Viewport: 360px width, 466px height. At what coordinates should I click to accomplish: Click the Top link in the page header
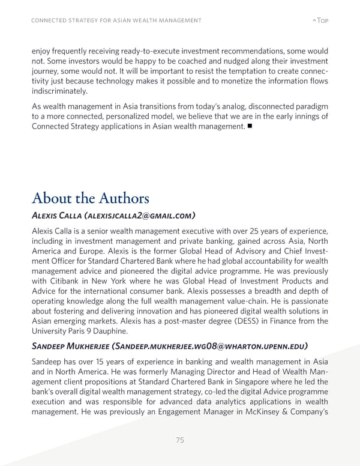(x=321, y=21)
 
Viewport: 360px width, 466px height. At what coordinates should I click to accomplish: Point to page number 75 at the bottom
(x=180, y=440)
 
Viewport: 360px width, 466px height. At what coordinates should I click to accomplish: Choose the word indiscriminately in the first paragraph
(x=59, y=91)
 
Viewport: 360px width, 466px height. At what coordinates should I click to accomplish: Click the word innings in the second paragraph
(x=302, y=116)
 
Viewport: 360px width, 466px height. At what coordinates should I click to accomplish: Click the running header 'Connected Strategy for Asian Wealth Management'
(x=116, y=21)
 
